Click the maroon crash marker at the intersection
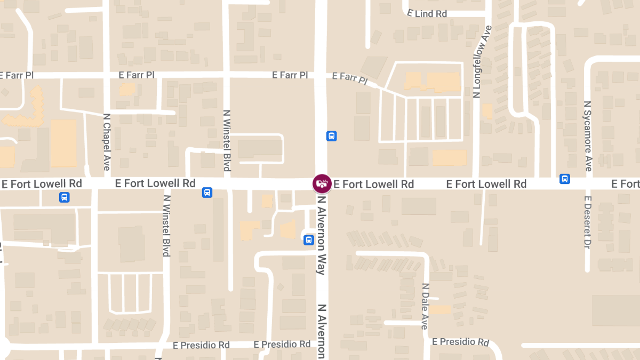(322, 184)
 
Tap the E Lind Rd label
(427, 14)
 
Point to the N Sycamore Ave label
(588, 136)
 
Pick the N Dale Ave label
(425, 306)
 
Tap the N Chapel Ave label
(106, 142)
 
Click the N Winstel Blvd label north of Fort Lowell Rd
(227, 140)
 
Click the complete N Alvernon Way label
(322, 234)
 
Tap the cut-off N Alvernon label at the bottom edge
(322, 331)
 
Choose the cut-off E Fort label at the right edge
(626, 184)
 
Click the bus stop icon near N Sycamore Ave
(565, 179)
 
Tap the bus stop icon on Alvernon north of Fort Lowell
(331, 136)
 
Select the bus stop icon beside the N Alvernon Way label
(308, 240)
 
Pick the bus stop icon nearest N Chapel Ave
(64, 197)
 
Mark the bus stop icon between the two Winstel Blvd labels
(207, 193)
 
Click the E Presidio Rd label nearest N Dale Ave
(461, 341)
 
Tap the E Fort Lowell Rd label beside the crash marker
(374, 185)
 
